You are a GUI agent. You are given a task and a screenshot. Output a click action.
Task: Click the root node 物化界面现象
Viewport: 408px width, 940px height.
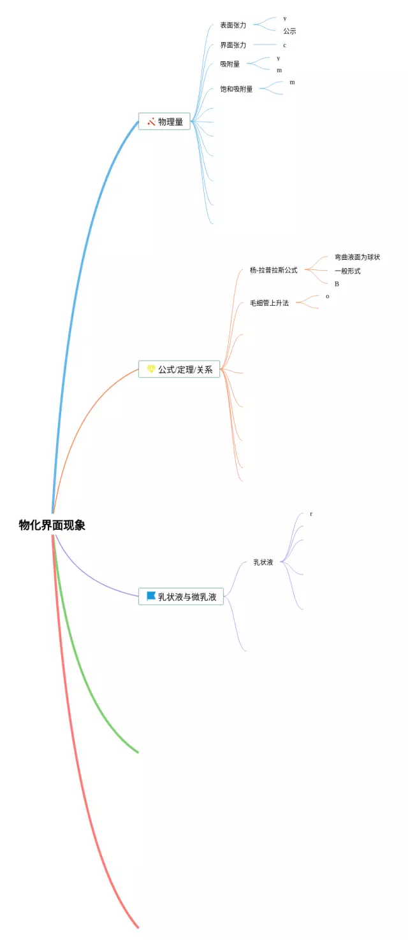tap(52, 525)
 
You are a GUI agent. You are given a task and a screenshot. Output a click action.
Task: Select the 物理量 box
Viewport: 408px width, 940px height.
tap(164, 122)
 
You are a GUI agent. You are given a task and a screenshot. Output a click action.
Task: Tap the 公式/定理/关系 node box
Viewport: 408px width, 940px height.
tap(179, 369)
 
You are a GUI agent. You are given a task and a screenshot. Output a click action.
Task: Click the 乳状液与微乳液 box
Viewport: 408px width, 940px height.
tap(181, 597)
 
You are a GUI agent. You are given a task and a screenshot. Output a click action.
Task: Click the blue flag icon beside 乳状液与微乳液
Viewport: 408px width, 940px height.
tap(151, 596)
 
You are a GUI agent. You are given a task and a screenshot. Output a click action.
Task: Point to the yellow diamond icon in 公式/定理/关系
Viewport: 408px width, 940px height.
tap(151, 369)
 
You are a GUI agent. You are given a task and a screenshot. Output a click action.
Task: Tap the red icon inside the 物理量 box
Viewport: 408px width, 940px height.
tap(151, 121)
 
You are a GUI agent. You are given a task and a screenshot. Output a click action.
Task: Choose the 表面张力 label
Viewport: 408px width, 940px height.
tap(233, 25)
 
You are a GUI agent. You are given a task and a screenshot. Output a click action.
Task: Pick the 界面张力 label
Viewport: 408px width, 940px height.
tap(233, 45)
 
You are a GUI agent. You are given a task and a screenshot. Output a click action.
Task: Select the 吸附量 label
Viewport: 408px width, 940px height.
tap(230, 64)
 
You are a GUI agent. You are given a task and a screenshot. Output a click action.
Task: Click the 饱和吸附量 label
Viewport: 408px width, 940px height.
tap(237, 89)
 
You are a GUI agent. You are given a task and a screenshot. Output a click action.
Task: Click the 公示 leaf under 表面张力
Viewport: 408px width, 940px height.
tap(289, 31)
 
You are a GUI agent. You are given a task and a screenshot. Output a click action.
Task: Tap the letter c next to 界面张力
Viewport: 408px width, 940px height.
tap(284, 45)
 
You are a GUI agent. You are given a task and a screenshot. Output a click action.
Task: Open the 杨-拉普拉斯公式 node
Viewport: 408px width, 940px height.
tap(273, 270)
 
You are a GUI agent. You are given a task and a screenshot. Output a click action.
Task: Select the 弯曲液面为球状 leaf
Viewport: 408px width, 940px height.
tap(357, 257)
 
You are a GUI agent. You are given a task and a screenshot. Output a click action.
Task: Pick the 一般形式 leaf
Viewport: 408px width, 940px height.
tap(347, 271)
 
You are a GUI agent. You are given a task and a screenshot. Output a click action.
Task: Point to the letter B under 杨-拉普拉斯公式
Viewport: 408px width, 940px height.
tap(337, 284)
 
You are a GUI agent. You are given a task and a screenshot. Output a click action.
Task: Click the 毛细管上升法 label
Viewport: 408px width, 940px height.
tap(269, 303)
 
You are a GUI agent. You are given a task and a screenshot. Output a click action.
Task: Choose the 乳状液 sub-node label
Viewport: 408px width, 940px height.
tap(263, 562)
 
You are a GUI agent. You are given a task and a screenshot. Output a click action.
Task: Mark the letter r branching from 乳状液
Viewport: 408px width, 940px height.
tap(311, 514)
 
